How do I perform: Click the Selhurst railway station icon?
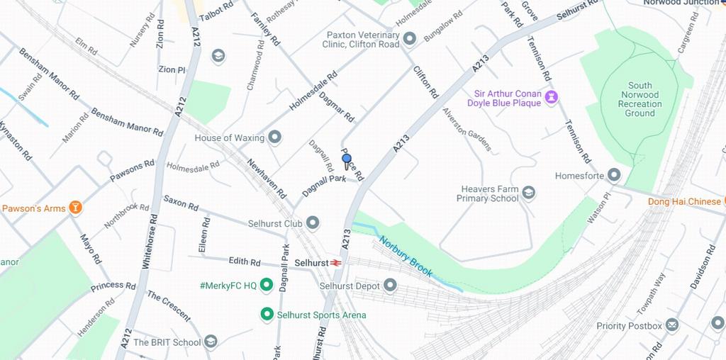(x=336, y=263)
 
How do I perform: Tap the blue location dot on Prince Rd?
(x=347, y=159)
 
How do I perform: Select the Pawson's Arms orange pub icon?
(x=75, y=208)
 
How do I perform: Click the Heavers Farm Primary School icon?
(x=528, y=193)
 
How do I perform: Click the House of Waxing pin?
(x=274, y=137)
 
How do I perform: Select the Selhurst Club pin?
(x=312, y=223)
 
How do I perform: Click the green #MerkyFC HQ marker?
(x=267, y=285)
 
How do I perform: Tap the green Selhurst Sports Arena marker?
(x=267, y=314)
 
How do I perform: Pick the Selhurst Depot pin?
(x=390, y=286)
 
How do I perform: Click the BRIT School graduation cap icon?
(x=211, y=342)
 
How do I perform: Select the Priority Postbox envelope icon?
(x=671, y=325)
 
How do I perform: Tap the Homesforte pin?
(x=614, y=175)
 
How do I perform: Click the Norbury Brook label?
(x=406, y=256)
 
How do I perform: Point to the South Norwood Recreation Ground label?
(x=640, y=99)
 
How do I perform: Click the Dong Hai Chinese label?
(x=684, y=201)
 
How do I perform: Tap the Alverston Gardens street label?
(x=467, y=130)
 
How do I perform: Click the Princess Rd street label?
(x=113, y=287)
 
